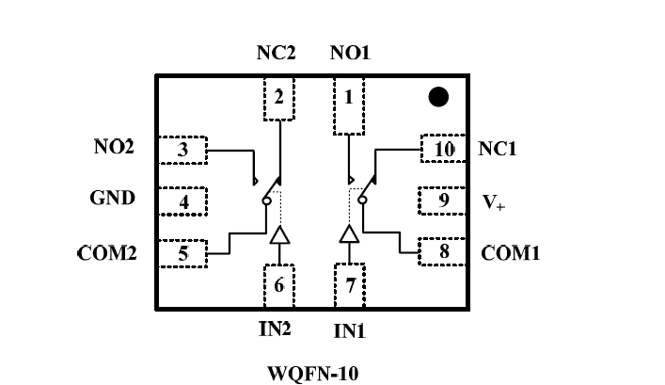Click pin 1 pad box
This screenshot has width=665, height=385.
350,97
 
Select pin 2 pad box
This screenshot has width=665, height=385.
278,97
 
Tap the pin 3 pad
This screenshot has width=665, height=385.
182,149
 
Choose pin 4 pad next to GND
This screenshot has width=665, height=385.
182,201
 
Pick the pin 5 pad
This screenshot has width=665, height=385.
182,252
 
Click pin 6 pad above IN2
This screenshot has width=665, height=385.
278,286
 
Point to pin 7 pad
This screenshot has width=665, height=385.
350,286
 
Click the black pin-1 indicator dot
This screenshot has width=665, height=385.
437,96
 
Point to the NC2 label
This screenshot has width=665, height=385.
277,53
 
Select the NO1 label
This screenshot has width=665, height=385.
350,53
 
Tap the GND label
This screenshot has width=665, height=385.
113,199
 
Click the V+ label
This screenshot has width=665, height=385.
493,201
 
